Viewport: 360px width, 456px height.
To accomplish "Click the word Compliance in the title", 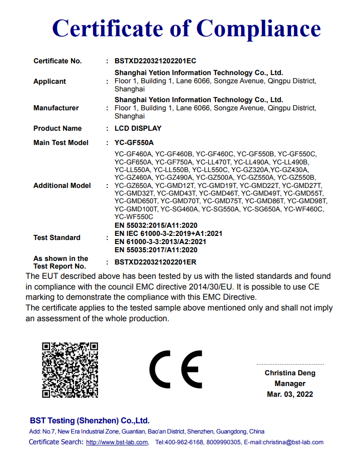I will pyautogui.click(x=258, y=28).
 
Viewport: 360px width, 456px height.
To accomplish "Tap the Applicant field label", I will pyautogui.click(x=50, y=81).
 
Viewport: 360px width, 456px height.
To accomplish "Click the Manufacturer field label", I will pyautogui.click(x=56, y=108).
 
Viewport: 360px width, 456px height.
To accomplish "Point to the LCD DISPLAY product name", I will pyautogui.click(x=138, y=128).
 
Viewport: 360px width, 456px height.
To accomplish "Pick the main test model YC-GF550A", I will pyautogui.click(x=134, y=142).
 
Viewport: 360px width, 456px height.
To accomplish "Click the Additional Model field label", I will pyautogui.click(x=62, y=185).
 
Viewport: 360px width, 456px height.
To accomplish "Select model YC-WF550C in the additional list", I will pyautogui.click(x=134, y=217).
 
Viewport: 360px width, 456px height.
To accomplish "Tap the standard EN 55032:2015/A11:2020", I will pyautogui.click(x=156, y=225).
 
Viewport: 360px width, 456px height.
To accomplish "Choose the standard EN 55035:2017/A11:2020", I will pyautogui.click(x=156, y=250).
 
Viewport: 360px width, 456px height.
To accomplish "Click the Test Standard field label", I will pyautogui.click(x=57, y=237).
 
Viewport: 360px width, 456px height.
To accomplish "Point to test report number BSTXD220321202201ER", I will pyautogui.click(x=156, y=262).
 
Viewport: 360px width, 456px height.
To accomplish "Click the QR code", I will pyautogui.click(x=70, y=370).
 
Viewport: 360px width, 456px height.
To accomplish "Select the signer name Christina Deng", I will pyautogui.click(x=290, y=373).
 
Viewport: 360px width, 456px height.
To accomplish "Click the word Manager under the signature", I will pyautogui.click(x=290, y=383).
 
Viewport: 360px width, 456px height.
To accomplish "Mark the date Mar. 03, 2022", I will pyautogui.click(x=290, y=394).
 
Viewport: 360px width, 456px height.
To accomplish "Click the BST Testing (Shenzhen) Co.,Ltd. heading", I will pyautogui.click(x=89, y=421).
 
